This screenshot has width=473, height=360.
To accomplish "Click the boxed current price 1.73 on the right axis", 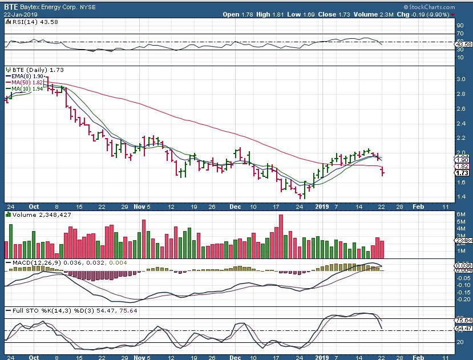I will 462,172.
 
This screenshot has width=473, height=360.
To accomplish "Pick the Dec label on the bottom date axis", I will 236,206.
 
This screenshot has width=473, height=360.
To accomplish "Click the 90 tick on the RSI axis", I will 459,26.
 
